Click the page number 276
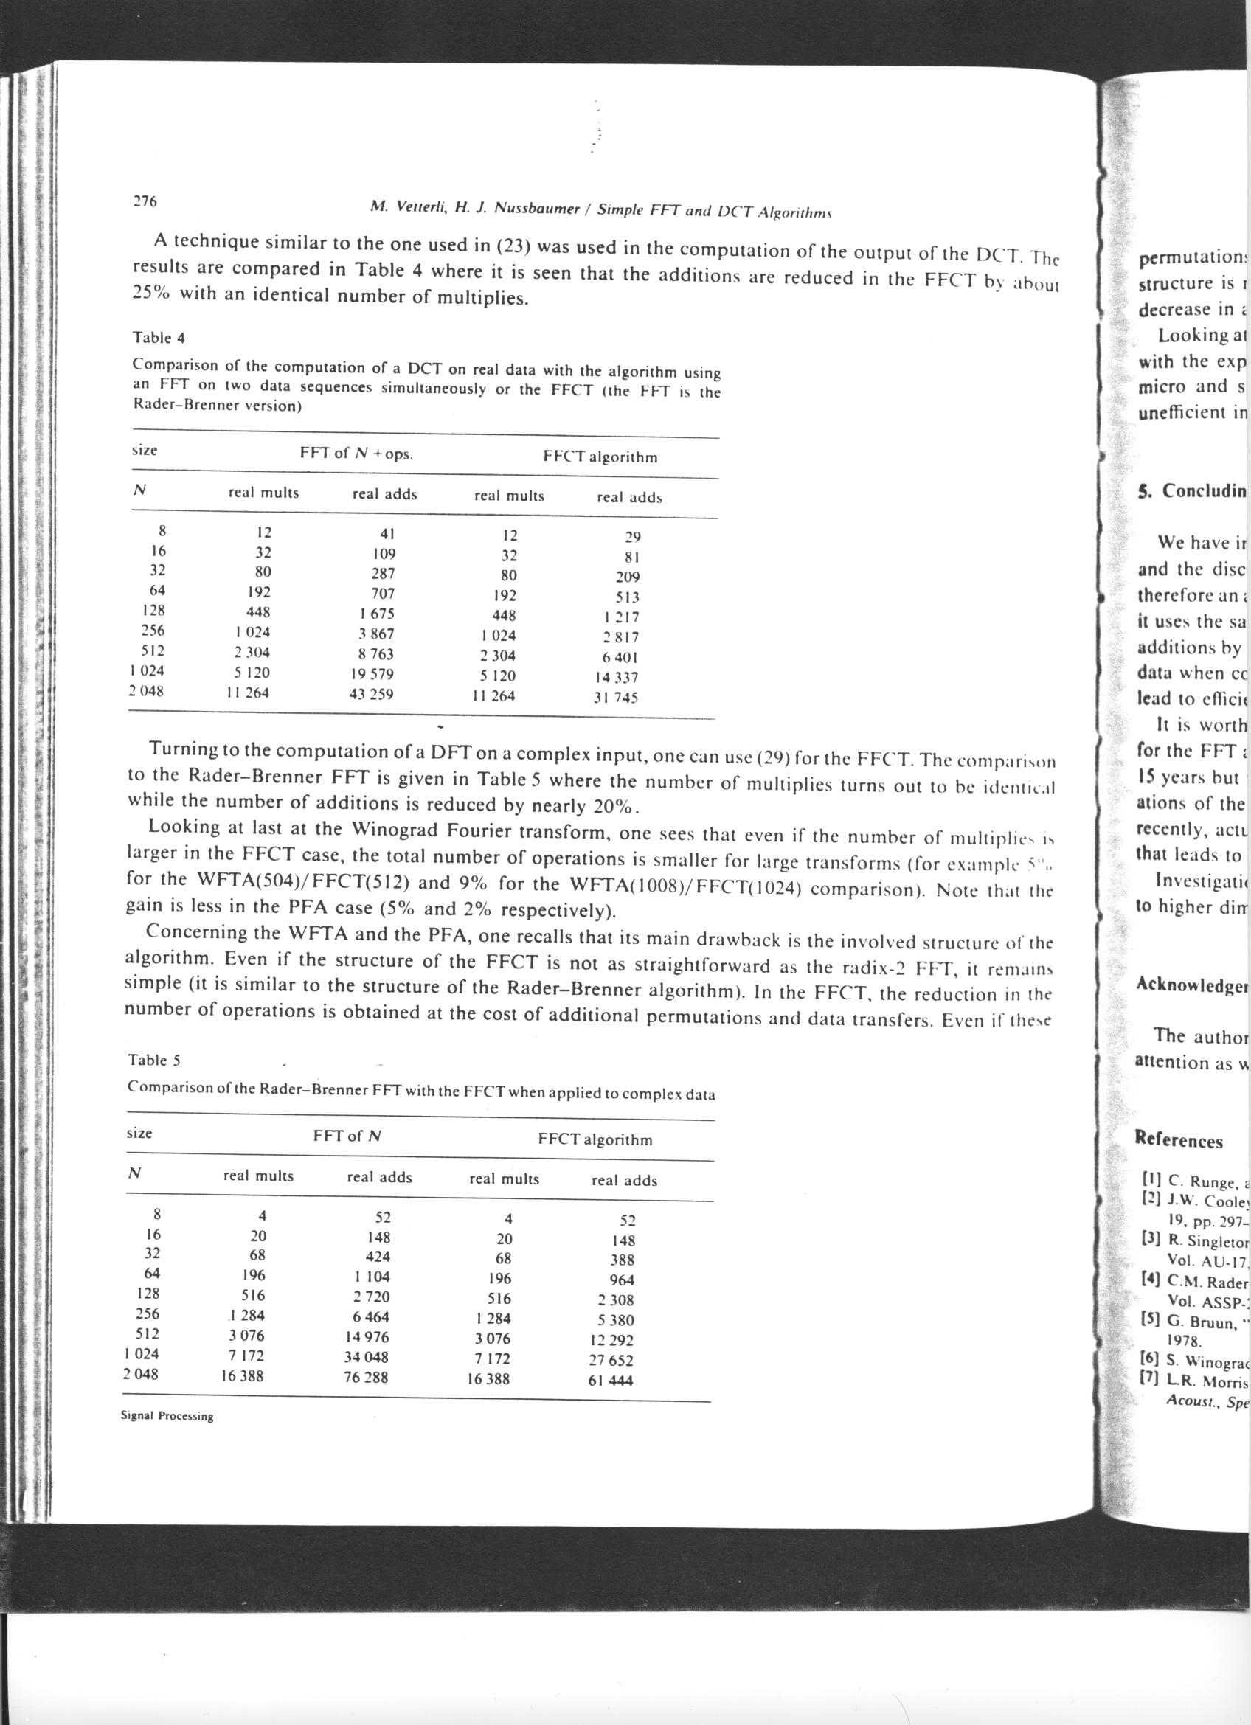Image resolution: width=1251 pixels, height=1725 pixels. coord(145,201)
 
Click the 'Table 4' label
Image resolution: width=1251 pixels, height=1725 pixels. coord(159,337)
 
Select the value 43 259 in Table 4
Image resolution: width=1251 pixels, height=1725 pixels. coord(371,694)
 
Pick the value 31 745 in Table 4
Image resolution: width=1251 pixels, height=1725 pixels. coord(616,697)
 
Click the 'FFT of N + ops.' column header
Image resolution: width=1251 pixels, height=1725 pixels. coord(357,454)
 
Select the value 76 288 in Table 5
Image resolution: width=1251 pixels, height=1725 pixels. coord(366,1377)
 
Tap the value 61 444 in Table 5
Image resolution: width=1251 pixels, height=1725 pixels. coord(611,1381)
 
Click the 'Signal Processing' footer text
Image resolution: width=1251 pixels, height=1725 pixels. coord(167,1415)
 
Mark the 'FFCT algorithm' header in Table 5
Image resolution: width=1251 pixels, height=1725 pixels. coord(595,1139)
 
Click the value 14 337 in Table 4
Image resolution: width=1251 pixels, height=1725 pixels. coord(616,677)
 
